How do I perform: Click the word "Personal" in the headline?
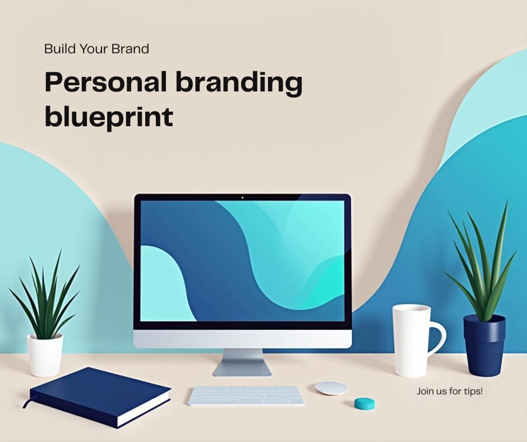pos(105,83)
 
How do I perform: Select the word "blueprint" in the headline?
pos(109,117)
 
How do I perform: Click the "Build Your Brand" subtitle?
pos(96,49)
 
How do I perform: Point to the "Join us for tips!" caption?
pos(449,391)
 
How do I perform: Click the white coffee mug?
pos(412,340)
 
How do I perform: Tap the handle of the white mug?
pos(438,340)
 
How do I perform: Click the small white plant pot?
pos(45,354)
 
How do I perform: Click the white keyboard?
pos(246,395)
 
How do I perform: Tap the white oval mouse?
pos(331,388)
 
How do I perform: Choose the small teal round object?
pos(364,403)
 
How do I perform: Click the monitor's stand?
pos(242,362)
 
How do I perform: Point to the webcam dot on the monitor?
pos(242,197)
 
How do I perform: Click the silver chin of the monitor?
pos(242,338)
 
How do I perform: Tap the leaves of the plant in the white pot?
pos(45,297)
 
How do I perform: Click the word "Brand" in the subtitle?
pos(130,49)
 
